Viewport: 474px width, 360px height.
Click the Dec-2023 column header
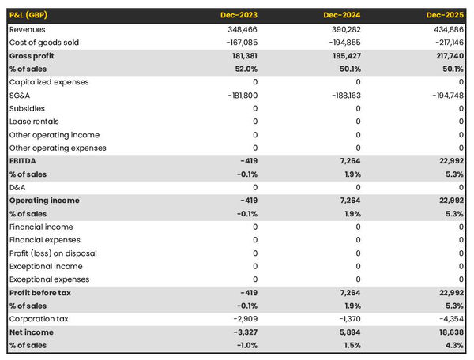point(239,15)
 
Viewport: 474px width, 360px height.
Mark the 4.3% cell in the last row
point(453,346)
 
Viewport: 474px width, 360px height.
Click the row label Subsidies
point(27,108)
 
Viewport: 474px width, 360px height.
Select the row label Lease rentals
point(33,122)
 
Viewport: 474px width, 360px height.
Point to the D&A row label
point(17,187)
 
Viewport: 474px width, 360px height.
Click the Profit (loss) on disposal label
point(53,253)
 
